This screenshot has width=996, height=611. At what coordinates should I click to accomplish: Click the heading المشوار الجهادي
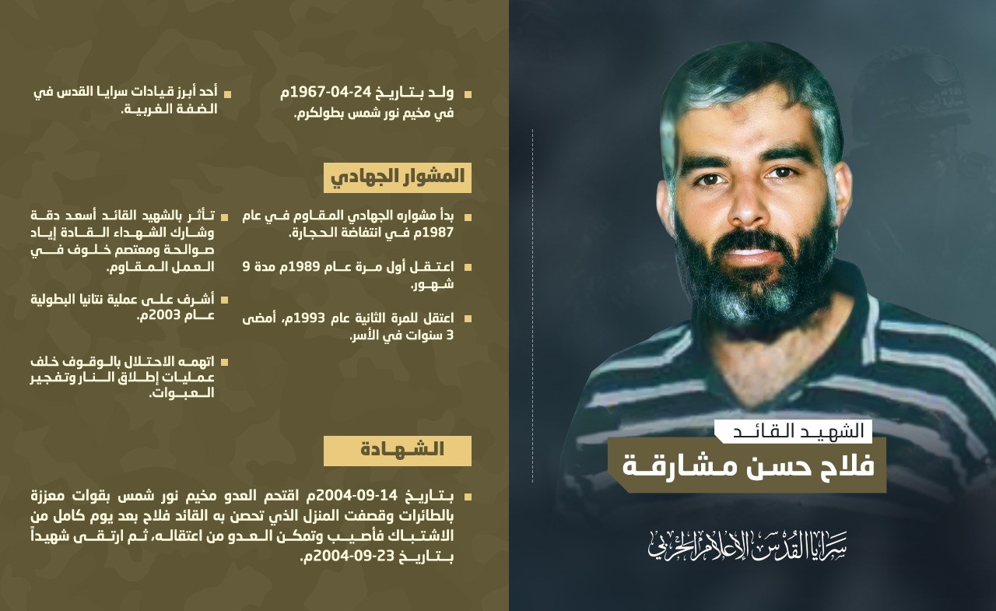click(x=398, y=177)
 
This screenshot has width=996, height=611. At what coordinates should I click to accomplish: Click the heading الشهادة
click(x=398, y=450)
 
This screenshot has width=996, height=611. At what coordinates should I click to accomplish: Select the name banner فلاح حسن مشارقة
click(x=747, y=465)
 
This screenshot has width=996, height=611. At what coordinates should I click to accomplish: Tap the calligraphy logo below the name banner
click(x=747, y=545)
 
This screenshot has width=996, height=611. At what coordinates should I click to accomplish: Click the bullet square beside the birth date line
click(x=468, y=94)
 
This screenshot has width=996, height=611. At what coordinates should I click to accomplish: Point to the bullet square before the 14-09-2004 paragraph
click(x=468, y=496)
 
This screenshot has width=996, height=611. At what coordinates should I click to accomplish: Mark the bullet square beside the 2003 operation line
click(x=225, y=299)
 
